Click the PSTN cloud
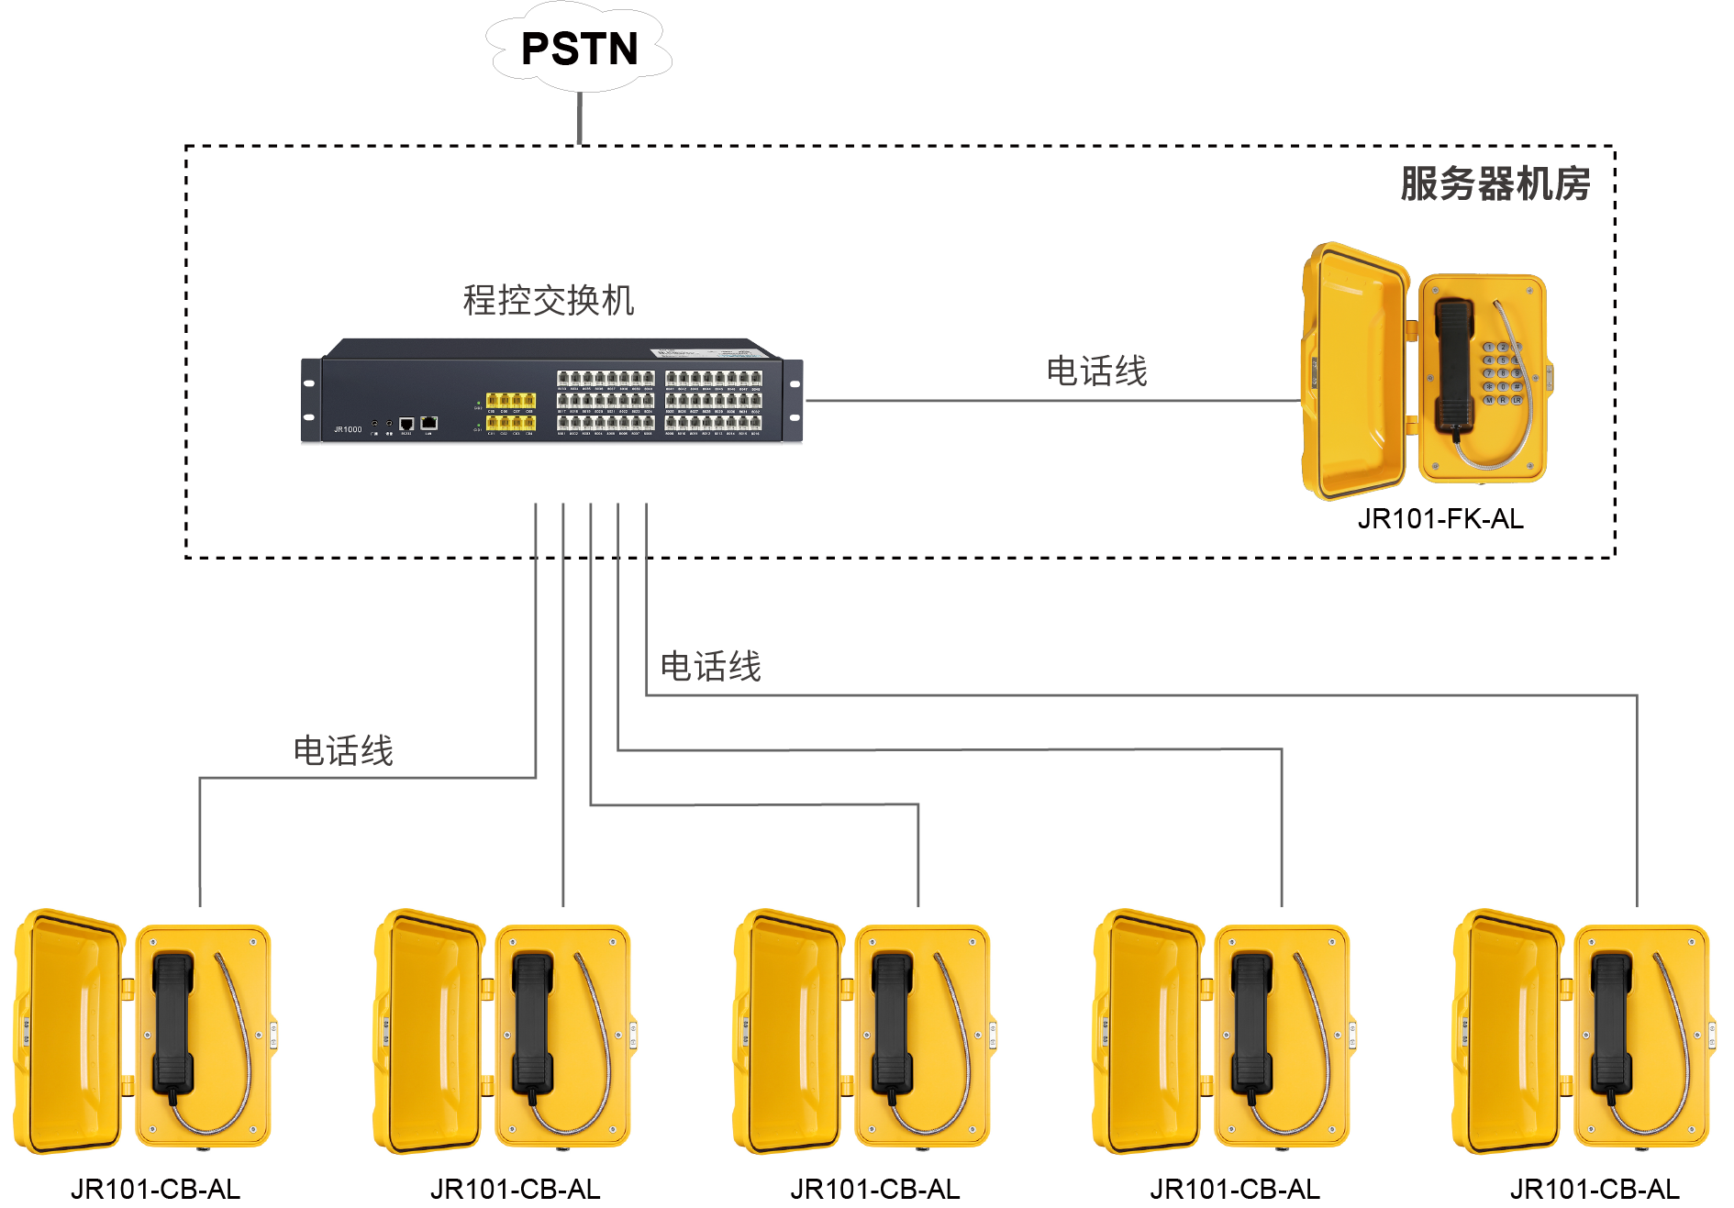[x=579, y=49]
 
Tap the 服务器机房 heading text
[x=1495, y=183]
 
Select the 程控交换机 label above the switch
[x=548, y=300]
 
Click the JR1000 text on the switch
[x=348, y=429]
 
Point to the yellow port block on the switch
[x=510, y=411]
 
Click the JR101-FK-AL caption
[x=1440, y=519]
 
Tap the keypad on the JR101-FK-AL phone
[x=1502, y=373]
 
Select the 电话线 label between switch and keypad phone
[x=1096, y=371]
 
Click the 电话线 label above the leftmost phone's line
[x=343, y=750]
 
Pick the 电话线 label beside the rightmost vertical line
[x=710, y=666]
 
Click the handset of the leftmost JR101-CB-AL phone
[x=172, y=1024]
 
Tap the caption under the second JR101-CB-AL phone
[x=515, y=1190]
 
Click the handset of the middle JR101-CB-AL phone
[x=892, y=1024]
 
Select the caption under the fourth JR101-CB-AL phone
[x=1235, y=1190]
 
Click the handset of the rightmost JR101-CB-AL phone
[x=1611, y=1024]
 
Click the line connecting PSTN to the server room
[x=579, y=118]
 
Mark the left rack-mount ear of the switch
[x=311, y=400]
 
